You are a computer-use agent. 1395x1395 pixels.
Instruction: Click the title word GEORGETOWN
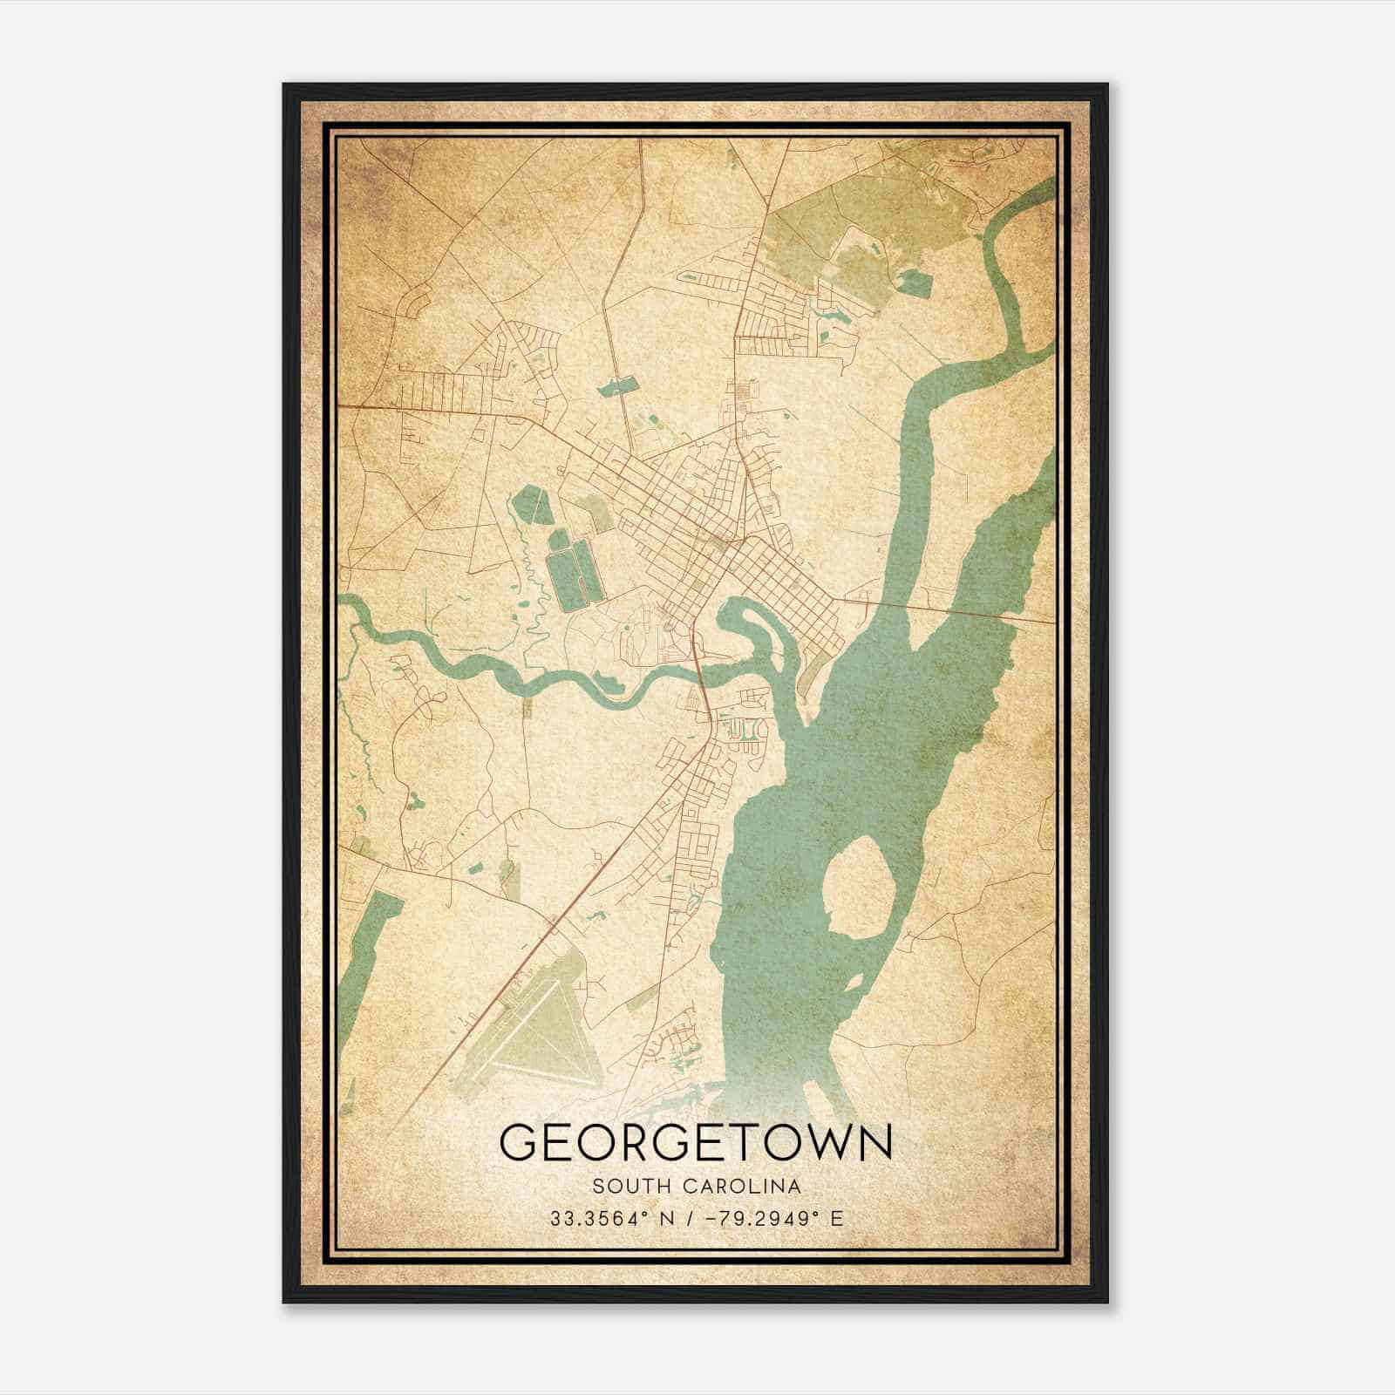click(696, 1141)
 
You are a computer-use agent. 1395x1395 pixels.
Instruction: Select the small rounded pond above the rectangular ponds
click(528, 504)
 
